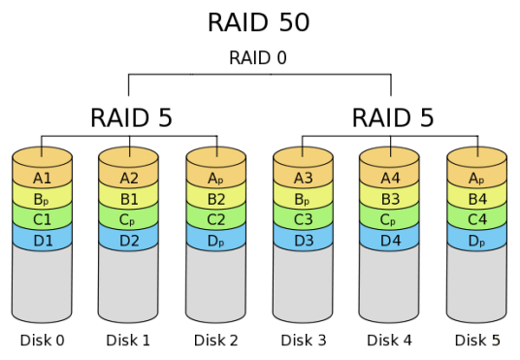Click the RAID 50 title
(259, 21)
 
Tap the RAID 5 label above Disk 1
(131, 118)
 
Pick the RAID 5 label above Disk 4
(392, 118)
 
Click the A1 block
(42, 178)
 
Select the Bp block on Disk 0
(42, 199)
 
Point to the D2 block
(129, 240)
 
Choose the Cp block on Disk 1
(129, 219)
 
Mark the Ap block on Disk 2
(215, 178)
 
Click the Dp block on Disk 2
(215, 240)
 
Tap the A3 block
(303, 178)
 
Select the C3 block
(303, 219)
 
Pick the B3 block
(390, 199)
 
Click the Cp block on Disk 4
(390, 219)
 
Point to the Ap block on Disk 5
(476, 178)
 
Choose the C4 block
(476, 219)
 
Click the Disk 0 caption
(42, 340)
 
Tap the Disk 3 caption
(303, 340)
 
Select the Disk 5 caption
(476, 340)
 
